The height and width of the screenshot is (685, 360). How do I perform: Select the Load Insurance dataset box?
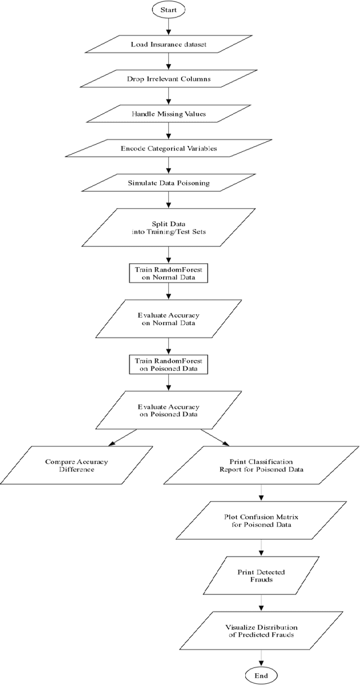(x=169, y=44)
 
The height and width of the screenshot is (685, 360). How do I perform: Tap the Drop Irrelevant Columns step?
(x=169, y=79)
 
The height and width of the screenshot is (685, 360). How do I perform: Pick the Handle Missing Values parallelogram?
(x=169, y=114)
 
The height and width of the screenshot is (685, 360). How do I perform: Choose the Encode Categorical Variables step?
(x=169, y=149)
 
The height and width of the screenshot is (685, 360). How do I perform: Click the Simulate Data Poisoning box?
(x=169, y=183)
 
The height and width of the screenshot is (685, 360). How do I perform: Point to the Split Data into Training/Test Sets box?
(x=169, y=228)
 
